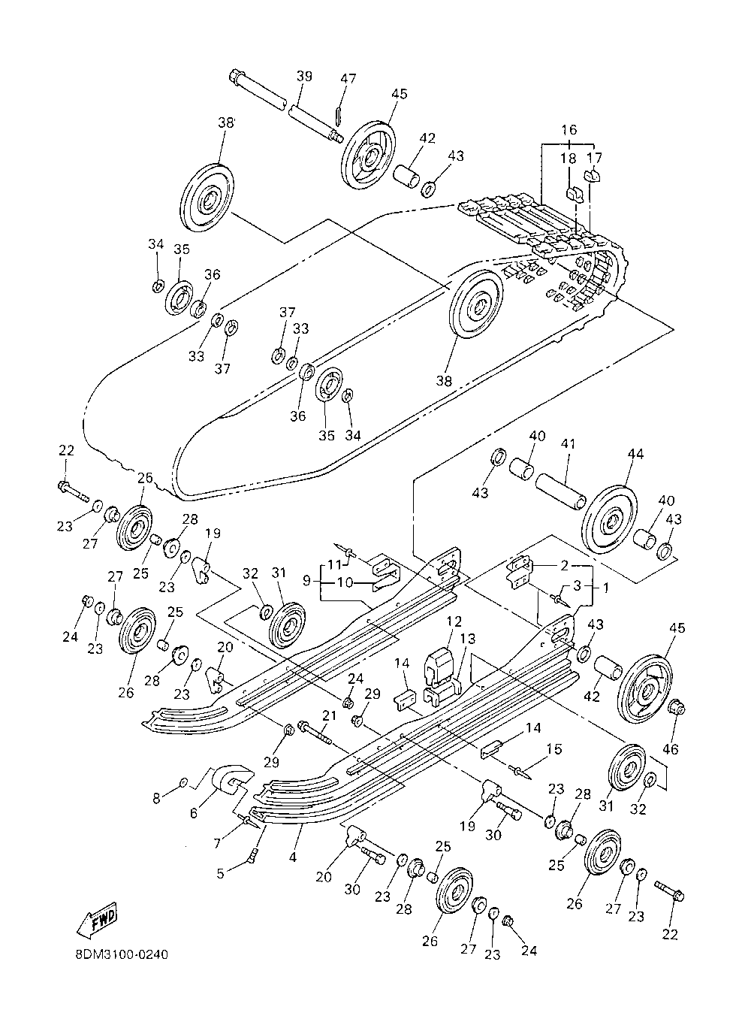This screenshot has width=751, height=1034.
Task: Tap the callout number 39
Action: point(304,76)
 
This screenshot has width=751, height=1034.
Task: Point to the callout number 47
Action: point(348,78)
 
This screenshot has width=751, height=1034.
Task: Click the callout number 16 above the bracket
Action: point(569,130)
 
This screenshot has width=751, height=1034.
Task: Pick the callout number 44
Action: point(635,454)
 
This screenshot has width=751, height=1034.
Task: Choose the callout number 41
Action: point(568,444)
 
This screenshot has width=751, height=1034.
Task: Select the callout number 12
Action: point(454,621)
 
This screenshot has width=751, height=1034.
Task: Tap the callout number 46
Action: point(671,748)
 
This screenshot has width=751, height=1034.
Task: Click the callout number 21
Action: point(329,715)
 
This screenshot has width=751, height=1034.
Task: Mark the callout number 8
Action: point(157,798)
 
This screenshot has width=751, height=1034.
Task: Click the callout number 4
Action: point(292,857)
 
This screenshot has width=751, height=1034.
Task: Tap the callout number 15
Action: point(554,749)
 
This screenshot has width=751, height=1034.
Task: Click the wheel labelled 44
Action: point(609,519)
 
